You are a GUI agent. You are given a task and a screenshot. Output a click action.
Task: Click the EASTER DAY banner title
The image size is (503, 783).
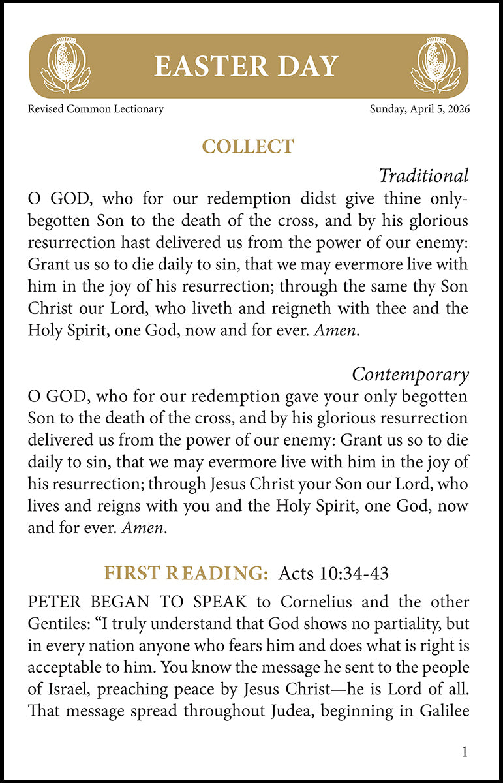click(x=247, y=67)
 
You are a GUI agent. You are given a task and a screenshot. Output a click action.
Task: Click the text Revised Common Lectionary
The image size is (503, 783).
click(x=95, y=109)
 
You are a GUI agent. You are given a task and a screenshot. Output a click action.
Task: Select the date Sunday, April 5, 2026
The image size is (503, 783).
click(x=419, y=109)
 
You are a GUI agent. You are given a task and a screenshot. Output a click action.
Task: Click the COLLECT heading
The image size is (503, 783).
click(x=249, y=146)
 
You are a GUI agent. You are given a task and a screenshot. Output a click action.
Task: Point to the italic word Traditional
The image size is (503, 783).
click(x=423, y=176)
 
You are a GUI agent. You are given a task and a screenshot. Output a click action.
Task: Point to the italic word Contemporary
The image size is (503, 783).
click(x=410, y=375)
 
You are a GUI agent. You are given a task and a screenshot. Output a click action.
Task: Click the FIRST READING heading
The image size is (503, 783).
click(x=187, y=573)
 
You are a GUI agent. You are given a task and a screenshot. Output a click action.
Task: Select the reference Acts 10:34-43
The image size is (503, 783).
click(x=333, y=574)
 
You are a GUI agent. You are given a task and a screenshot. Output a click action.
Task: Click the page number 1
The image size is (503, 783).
click(x=465, y=752)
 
